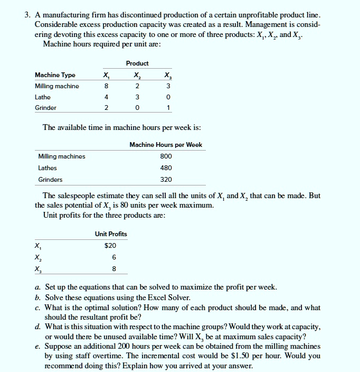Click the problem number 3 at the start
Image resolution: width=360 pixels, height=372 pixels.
[x=26, y=14]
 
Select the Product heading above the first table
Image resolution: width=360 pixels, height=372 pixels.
[x=137, y=63]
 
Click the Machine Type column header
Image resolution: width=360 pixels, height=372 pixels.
[x=55, y=75]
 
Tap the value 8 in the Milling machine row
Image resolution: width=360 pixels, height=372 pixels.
[x=107, y=86]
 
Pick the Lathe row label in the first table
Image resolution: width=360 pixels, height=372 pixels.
[x=43, y=97]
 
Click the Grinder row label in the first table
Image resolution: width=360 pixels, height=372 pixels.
[x=45, y=108]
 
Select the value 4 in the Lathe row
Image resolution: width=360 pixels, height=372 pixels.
[x=107, y=97]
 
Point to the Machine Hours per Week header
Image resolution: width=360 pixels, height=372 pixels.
[x=166, y=145]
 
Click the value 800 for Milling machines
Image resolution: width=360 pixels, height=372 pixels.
[x=166, y=156]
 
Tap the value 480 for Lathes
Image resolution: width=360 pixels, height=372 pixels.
[x=166, y=168]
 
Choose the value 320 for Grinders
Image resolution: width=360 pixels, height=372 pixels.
[x=166, y=180]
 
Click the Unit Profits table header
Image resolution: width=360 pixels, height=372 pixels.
[x=111, y=234]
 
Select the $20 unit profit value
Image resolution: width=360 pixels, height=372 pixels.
[x=110, y=245]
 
